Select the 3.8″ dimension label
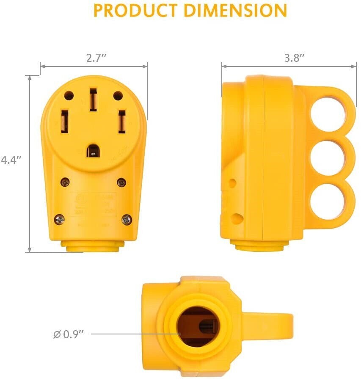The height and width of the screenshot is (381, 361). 294,58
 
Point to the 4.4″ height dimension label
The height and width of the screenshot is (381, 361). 11,160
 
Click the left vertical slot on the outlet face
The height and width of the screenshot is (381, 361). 66,121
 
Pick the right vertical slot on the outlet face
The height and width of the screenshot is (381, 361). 121,121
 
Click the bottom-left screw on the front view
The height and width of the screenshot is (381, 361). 60,219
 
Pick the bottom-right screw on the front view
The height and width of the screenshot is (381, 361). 127,219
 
